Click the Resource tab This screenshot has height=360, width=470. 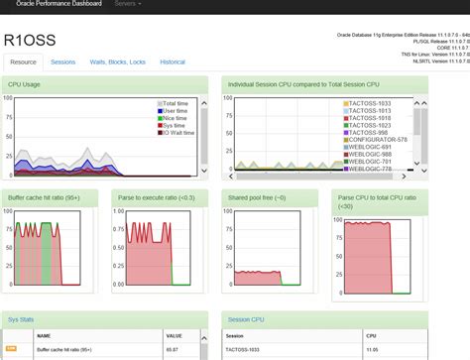(24, 61)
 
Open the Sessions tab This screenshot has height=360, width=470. (63, 61)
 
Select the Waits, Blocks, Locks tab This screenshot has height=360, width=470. (117, 61)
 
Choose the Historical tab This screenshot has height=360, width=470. (173, 61)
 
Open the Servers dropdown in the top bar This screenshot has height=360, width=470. (126, 4)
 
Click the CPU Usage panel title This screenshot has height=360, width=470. (25, 83)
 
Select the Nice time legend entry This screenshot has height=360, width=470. (178, 118)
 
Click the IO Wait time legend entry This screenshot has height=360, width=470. (181, 132)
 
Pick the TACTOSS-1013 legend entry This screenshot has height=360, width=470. (368, 111)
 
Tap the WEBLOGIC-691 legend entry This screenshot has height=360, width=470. (368, 147)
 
